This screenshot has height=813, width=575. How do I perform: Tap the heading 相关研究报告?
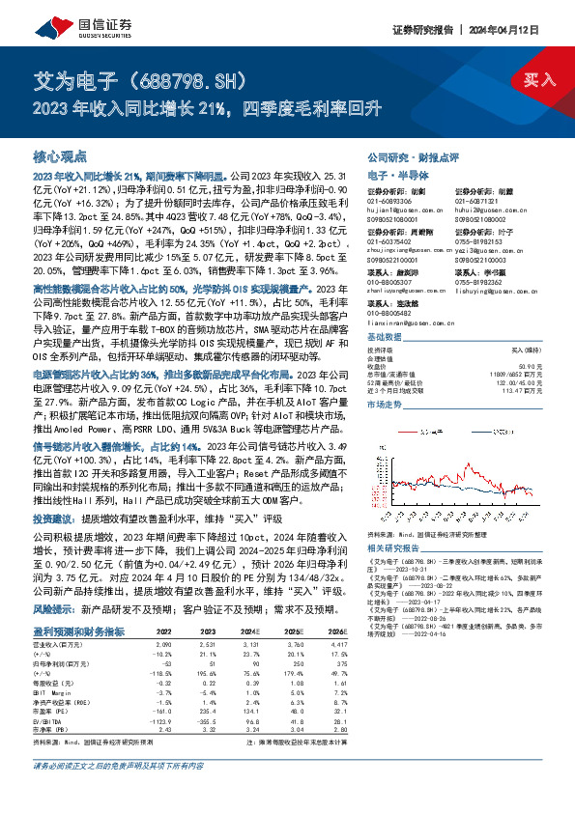coord(396,547)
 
